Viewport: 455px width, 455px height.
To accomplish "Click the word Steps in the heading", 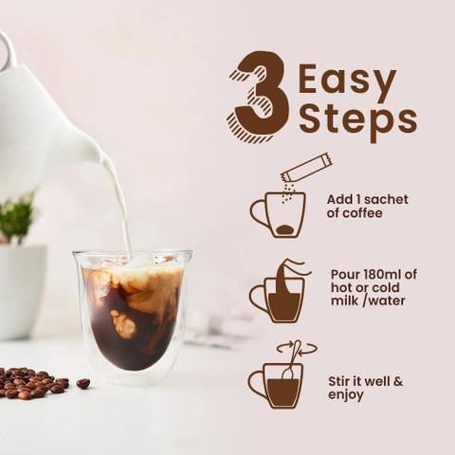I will click(357, 119).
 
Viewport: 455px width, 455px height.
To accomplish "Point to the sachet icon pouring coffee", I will click(305, 171).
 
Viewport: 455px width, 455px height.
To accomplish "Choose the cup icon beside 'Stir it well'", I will click(277, 383).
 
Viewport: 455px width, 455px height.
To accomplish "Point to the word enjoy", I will click(346, 395).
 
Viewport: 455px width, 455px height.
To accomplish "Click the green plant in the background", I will click(16, 218).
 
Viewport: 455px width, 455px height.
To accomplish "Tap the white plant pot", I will click(21, 289).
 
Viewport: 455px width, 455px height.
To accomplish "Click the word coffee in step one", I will click(363, 214).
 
